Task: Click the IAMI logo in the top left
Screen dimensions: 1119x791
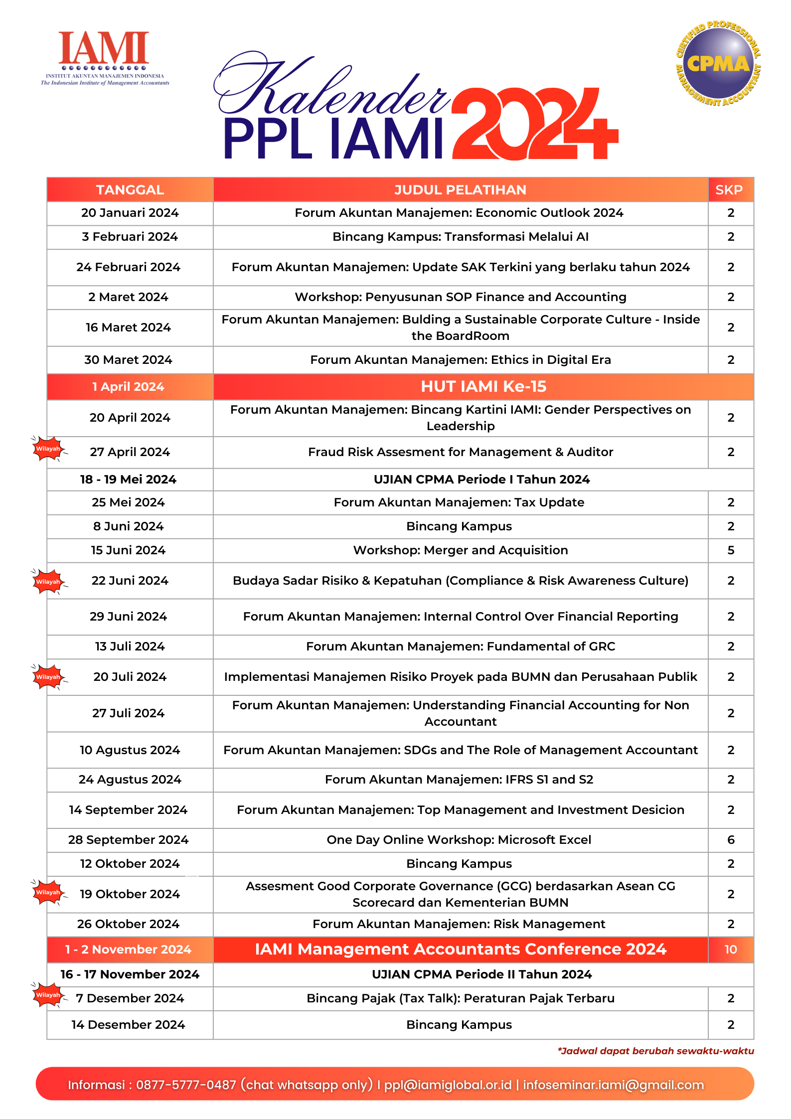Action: (x=104, y=58)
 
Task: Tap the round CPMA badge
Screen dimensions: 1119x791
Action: (x=718, y=63)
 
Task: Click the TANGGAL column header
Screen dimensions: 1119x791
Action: (x=130, y=190)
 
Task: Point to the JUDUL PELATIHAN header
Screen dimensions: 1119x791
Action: (x=460, y=190)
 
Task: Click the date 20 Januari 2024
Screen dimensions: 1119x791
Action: (x=130, y=213)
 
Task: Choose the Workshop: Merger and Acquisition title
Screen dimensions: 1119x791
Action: (x=460, y=550)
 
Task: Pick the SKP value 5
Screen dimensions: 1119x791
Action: (x=731, y=550)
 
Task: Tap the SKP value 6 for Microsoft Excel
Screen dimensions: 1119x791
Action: (x=731, y=840)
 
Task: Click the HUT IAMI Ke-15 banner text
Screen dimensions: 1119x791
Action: (x=483, y=386)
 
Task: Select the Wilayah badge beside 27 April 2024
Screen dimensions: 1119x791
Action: (x=48, y=449)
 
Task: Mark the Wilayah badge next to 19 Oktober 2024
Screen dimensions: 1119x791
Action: (x=48, y=892)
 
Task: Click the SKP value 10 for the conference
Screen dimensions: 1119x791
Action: (x=730, y=950)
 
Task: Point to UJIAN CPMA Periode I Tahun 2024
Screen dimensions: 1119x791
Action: (x=481, y=480)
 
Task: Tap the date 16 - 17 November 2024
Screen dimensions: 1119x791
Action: (x=130, y=974)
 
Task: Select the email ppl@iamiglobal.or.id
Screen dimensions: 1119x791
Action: (x=448, y=1085)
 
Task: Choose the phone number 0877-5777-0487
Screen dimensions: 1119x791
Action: (x=186, y=1085)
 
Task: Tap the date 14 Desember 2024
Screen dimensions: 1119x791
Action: (x=128, y=1025)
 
